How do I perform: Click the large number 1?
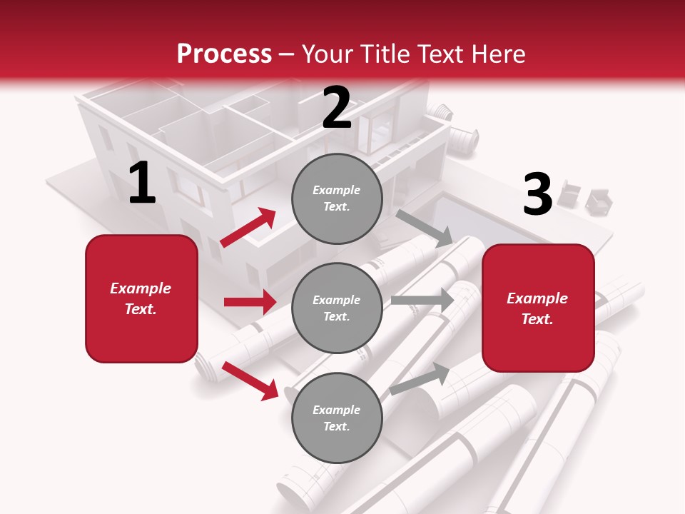(142, 183)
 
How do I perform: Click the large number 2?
(336, 108)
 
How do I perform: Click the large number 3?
(537, 195)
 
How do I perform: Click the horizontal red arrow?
(250, 302)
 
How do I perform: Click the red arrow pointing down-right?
(250, 380)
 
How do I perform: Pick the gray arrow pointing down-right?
(425, 228)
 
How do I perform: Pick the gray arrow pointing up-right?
(420, 378)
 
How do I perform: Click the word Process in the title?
(224, 54)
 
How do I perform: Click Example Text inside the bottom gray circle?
(337, 418)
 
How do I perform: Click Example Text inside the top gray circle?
(337, 198)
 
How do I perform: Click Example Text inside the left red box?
(141, 298)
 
